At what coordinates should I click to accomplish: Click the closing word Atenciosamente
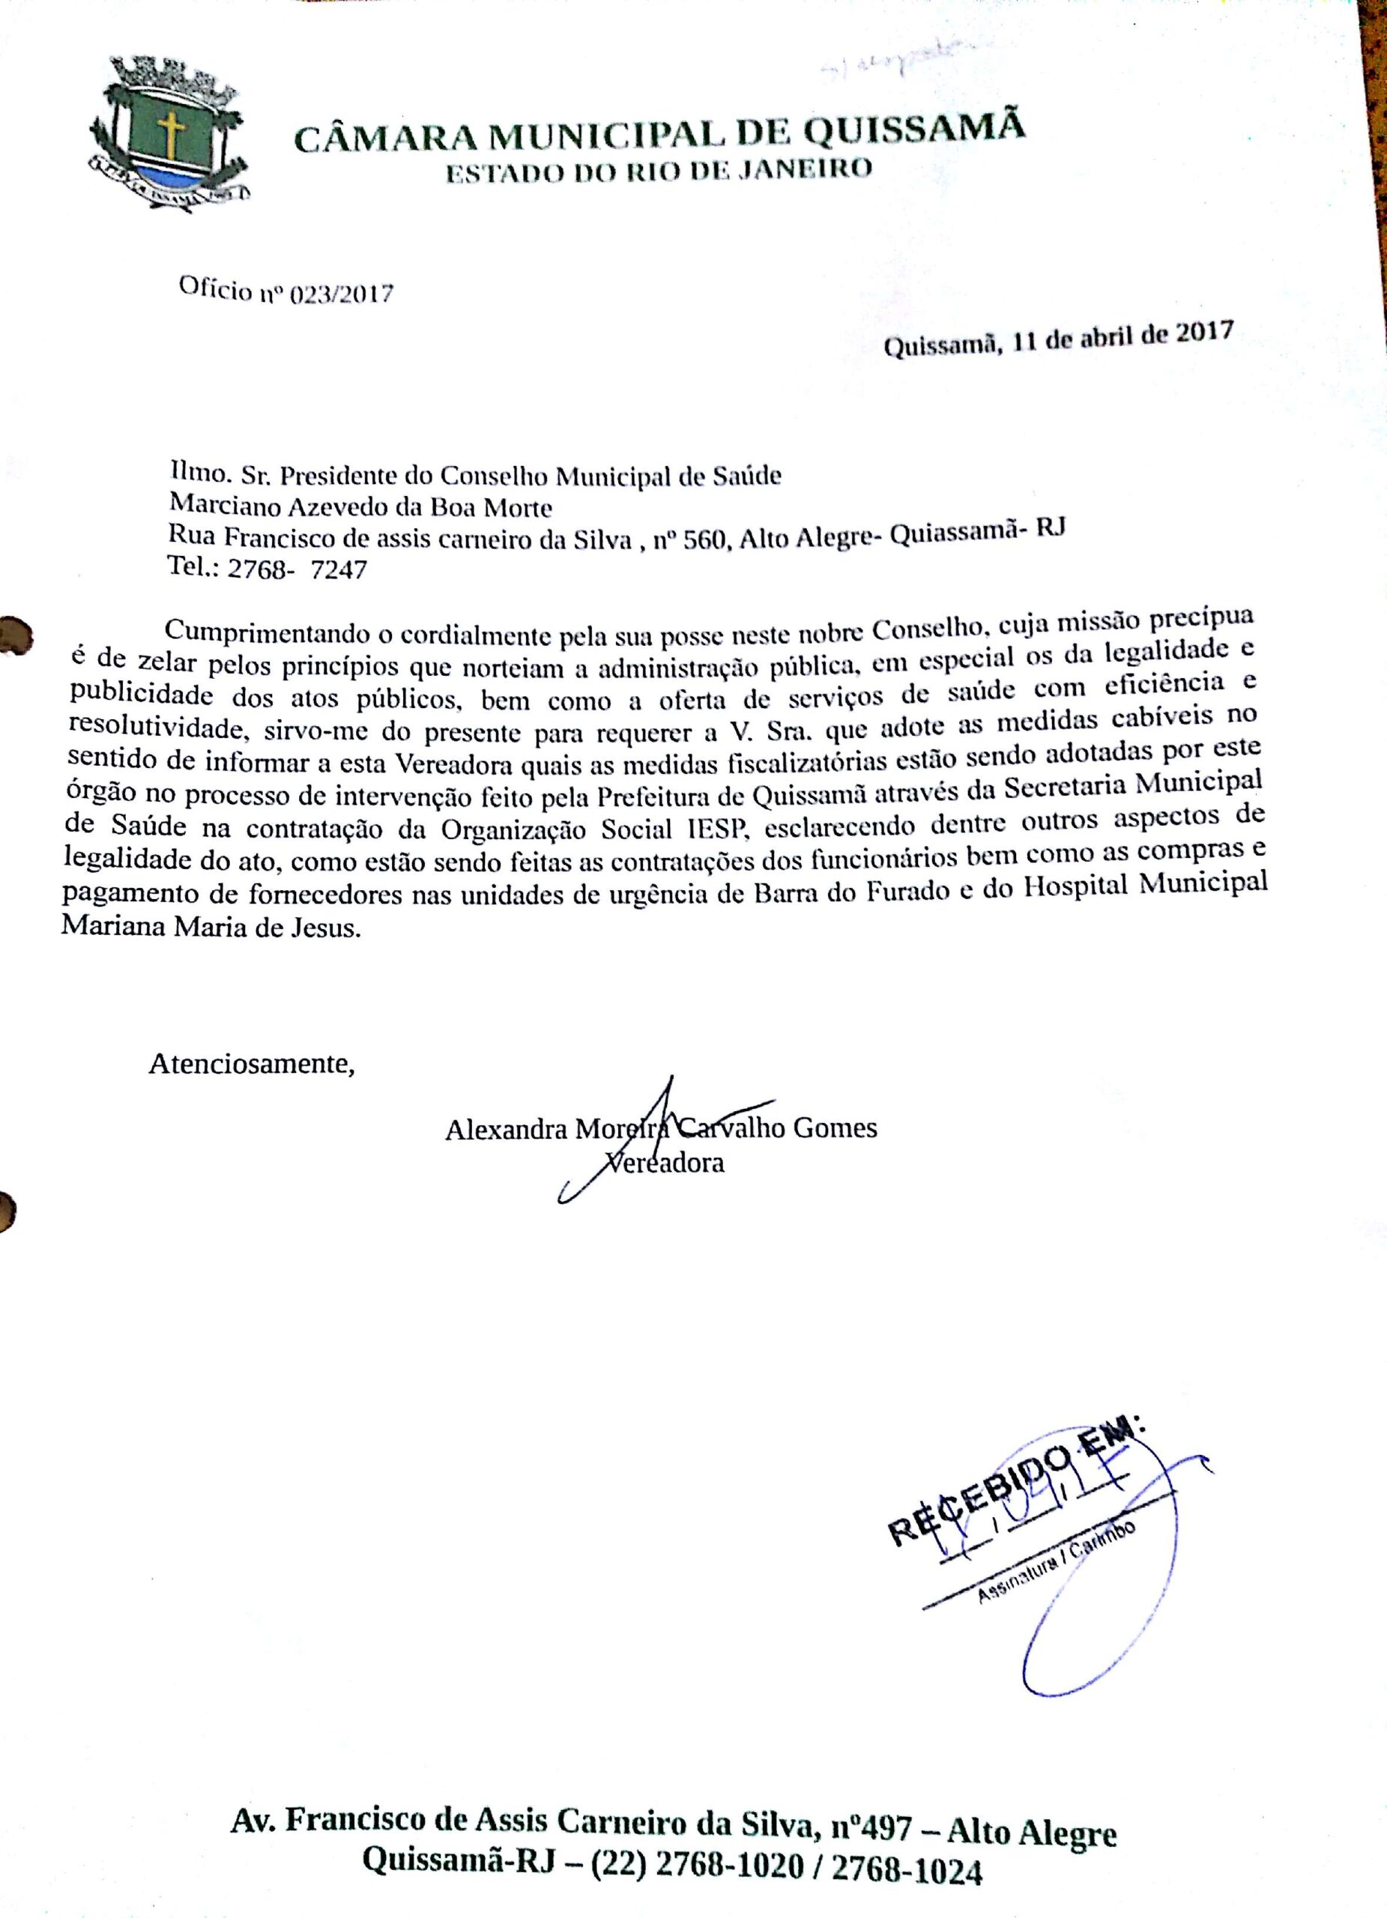point(251,1063)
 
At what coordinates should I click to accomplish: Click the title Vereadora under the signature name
point(668,1163)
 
